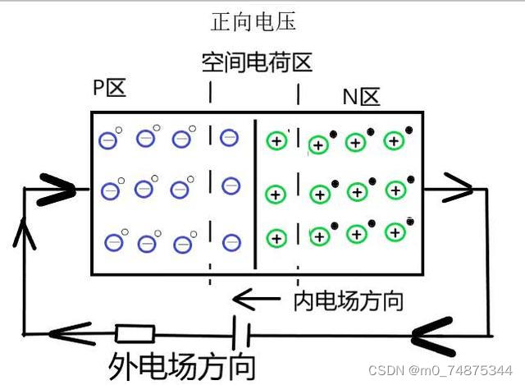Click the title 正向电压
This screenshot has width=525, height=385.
pyautogui.click(x=253, y=21)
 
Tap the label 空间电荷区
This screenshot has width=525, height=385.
pyautogui.click(x=257, y=62)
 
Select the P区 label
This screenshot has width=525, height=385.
pyautogui.click(x=110, y=88)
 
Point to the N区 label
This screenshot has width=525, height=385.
pyautogui.click(x=362, y=98)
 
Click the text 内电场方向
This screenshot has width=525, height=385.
pyautogui.click(x=349, y=300)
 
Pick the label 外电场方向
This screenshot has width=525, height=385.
pyautogui.click(x=181, y=364)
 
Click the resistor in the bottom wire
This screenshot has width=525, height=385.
pyautogui.click(x=135, y=333)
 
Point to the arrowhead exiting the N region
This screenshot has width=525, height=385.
pyautogui.click(x=459, y=188)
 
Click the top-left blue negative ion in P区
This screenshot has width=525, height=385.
pyautogui.click(x=108, y=140)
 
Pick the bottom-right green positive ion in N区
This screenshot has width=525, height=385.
pyautogui.click(x=396, y=233)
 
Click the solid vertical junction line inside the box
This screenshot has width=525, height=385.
pyautogui.click(x=255, y=193)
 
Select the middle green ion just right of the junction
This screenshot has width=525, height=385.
pyautogui.click(x=276, y=195)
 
